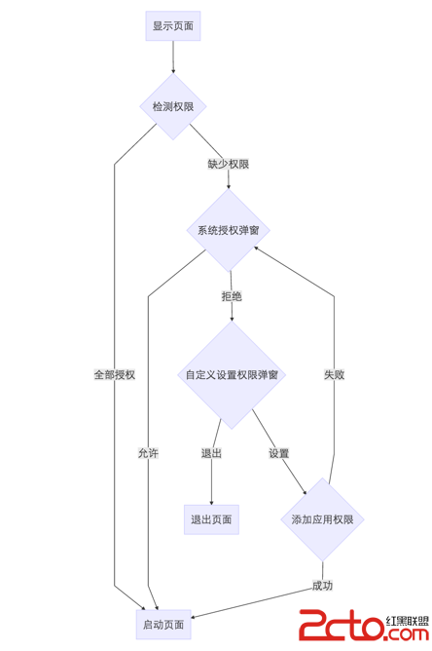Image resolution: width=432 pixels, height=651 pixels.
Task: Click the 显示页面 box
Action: (173, 26)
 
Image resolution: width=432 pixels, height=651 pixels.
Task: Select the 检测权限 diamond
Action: (173, 106)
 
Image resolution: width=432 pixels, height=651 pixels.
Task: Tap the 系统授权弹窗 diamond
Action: (228, 230)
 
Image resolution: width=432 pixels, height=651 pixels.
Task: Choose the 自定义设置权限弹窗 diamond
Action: (232, 374)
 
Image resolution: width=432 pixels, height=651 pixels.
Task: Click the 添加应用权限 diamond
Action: (322, 519)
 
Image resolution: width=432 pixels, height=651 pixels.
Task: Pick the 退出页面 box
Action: (210, 519)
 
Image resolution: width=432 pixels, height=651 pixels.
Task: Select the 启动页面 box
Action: (163, 623)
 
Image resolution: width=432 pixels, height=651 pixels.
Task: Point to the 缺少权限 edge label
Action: (228, 164)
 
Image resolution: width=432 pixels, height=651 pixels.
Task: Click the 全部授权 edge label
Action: (114, 374)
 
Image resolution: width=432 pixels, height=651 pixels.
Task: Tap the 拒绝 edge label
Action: (232, 296)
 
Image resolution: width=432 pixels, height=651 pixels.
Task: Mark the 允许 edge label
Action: (148, 453)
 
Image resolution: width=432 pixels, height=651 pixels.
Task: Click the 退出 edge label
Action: (211, 453)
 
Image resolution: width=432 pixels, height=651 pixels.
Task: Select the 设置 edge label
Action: (279, 453)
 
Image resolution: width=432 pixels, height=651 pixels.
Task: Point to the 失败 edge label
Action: (334, 374)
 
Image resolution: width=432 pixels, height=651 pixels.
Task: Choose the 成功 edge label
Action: (322, 586)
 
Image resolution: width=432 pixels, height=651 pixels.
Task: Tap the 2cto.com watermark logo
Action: (341, 626)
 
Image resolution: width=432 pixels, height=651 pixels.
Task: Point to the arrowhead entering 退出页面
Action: (210, 499)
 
